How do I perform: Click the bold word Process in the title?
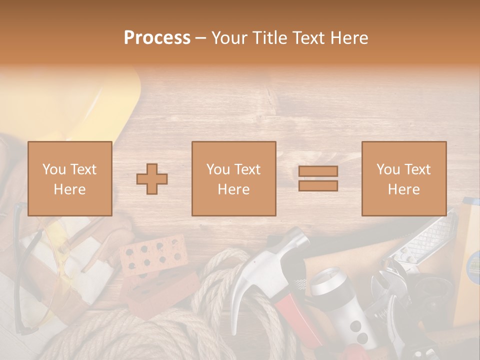tap(157, 37)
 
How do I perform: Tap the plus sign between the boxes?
tap(152, 178)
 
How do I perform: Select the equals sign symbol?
tap(318, 178)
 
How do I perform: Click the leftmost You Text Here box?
tap(69, 178)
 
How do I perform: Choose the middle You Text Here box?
tap(233, 178)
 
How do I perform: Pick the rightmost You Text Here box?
tap(403, 178)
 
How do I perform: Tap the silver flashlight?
tap(345, 305)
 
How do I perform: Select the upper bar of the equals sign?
tap(318, 171)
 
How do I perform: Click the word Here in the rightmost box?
tap(403, 189)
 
